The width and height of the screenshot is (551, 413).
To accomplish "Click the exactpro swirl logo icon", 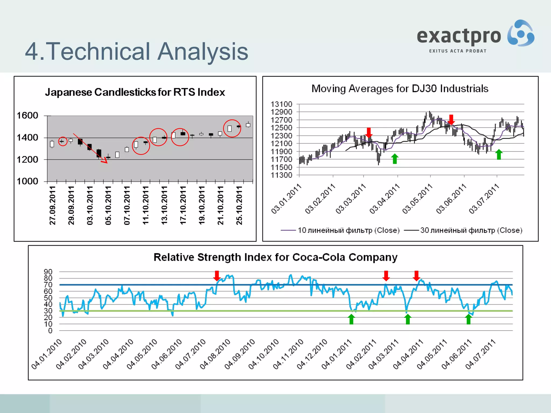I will pos(521,33).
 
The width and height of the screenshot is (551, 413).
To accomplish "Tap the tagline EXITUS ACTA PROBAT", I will pos(458,51).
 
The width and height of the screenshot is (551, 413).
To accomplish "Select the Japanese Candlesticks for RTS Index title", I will pos(135,92).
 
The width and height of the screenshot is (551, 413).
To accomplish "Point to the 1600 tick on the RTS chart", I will pos(27,116).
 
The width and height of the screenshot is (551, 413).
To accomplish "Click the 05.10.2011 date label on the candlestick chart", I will pos(108,205).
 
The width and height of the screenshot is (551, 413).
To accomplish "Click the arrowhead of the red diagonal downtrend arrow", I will pos(105,161).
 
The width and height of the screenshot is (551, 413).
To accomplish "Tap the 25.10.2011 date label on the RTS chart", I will pos(239,205).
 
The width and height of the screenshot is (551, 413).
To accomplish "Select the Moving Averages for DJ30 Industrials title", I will pos(400,89).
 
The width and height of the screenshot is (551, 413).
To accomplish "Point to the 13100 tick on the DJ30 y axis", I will pos(281,104).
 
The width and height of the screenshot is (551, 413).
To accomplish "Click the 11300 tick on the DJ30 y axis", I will pos(281,175).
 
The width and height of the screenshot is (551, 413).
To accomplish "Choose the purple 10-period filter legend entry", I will pos(340,230).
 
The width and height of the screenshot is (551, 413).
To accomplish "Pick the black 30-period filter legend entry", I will pos(463,230).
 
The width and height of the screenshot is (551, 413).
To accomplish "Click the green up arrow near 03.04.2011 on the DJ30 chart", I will pos(395,159).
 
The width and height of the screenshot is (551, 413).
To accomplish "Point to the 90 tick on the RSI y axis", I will pos(48,272).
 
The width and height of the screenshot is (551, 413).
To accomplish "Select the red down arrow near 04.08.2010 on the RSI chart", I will pos(217,276).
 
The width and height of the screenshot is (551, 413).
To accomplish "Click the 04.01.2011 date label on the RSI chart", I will pos(337,354).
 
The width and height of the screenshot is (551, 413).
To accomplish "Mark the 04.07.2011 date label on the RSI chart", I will pos(481,354).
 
